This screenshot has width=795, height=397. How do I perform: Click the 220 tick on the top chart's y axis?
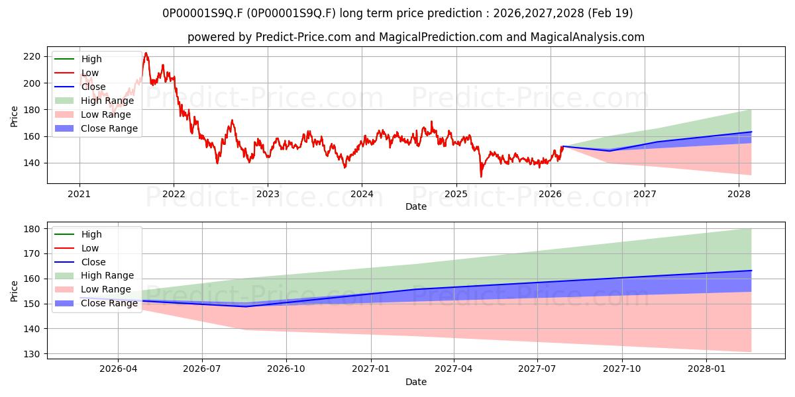click(32, 57)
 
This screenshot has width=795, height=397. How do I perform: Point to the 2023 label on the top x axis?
click(268, 195)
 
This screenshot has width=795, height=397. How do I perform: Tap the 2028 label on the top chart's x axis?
click(739, 195)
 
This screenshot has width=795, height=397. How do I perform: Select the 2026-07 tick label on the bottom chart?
click(202, 369)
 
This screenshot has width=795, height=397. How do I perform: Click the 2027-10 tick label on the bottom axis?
click(622, 369)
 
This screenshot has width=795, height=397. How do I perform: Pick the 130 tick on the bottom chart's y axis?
click(32, 354)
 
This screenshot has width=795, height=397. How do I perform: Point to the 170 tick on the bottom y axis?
click(32, 254)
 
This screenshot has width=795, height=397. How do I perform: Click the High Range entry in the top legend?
click(94, 101)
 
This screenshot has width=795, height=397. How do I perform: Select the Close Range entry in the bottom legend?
click(96, 304)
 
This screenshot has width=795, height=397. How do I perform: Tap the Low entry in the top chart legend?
click(77, 73)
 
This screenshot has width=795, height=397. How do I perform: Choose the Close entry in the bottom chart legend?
click(80, 262)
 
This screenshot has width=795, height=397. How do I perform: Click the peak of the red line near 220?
click(146, 53)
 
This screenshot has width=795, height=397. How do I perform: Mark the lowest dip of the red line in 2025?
click(481, 177)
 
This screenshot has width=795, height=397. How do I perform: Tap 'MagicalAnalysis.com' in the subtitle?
click(588, 37)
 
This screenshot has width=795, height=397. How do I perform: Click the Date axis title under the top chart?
click(416, 206)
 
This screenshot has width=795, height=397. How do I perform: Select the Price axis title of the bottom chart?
click(14, 291)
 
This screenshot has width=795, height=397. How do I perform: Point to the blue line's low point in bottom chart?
click(245, 306)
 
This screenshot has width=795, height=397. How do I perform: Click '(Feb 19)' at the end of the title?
click(610, 13)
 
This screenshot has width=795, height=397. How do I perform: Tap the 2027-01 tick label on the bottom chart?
click(371, 369)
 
